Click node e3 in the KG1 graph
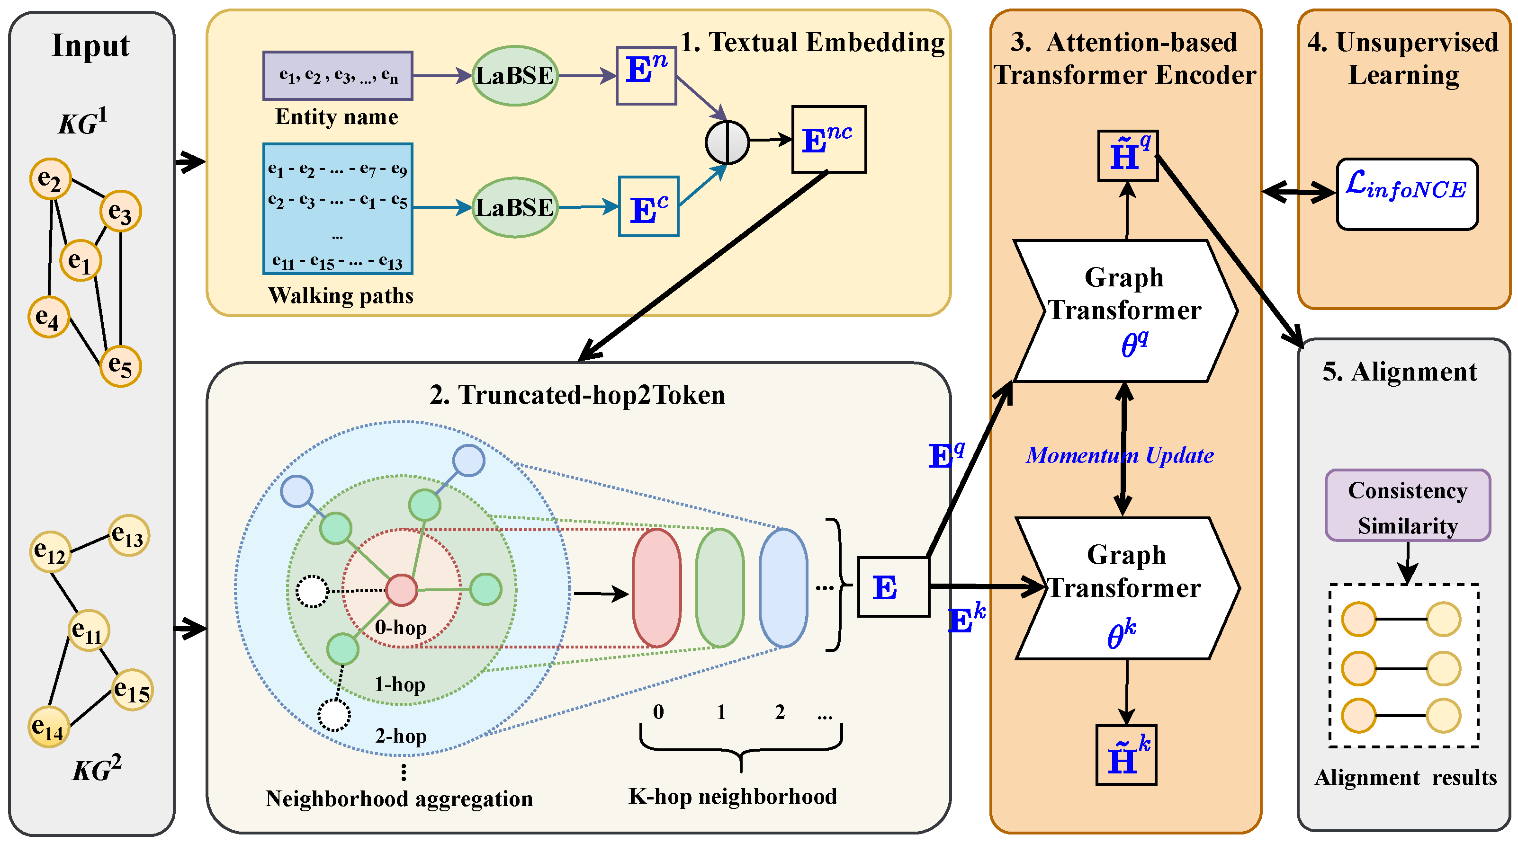click(x=120, y=211)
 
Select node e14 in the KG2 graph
click(x=48, y=727)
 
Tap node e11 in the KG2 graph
click(x=89, y=630)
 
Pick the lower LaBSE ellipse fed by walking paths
click(x=514, y=207)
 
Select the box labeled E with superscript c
click(x=648, y=207)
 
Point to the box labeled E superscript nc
click(x=828, y=140)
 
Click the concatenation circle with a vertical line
click(x=727, y=142)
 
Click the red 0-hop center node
click(x=401, y=590)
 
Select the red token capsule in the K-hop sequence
click(x=656, y=587)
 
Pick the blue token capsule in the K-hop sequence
click(x=783, y=587)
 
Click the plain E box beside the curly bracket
click(x=893, y=587)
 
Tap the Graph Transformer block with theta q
click(x=1124, y=311)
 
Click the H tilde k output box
click(x=1126, y=754)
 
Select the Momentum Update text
click(x=1119, y=455)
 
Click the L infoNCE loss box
click(x=1406, y=194)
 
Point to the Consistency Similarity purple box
click(x=1407, y=506)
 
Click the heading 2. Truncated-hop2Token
click(x=577, y=395)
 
